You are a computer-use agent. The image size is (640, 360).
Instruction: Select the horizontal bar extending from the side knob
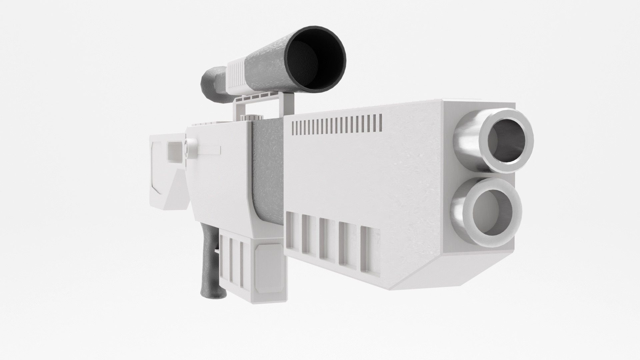(208, 150)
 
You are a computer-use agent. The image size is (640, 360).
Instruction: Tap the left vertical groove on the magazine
(224, 260)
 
